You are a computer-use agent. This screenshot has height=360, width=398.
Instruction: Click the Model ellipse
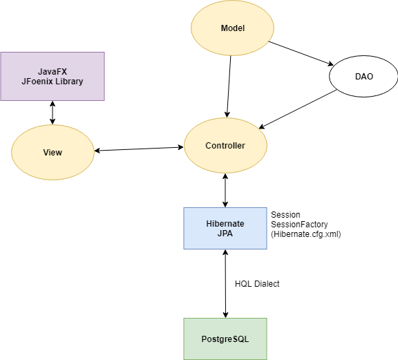232,28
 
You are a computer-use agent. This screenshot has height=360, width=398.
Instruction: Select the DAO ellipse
363,77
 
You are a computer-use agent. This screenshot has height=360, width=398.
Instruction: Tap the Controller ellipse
225,146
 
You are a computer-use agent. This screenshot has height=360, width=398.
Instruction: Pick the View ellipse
53,152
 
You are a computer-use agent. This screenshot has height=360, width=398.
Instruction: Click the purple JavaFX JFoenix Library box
53,77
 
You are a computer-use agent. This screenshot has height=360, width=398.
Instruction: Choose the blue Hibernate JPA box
225,229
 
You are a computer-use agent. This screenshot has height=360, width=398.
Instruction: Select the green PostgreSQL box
225,339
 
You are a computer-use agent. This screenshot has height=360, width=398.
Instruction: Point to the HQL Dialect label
257,283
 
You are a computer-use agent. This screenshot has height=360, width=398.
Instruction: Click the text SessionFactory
299,225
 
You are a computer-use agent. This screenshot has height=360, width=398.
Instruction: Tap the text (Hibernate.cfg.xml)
306,234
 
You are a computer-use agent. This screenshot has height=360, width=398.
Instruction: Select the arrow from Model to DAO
301,53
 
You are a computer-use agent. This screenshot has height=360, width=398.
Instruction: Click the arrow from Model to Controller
229,86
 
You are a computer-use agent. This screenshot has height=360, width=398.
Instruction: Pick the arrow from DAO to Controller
298,109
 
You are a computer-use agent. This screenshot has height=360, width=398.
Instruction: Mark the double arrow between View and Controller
139,149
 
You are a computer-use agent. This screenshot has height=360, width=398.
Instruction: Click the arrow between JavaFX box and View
53,113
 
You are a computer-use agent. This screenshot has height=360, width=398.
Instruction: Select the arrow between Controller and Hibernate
225,191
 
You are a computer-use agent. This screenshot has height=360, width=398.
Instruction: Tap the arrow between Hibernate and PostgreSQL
225,283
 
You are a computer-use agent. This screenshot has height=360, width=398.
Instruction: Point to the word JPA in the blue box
225,234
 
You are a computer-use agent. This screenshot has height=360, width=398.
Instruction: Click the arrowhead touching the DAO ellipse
331,64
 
